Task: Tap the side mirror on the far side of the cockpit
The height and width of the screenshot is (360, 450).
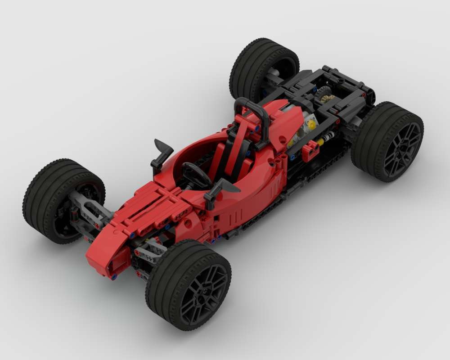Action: tap(162, 149)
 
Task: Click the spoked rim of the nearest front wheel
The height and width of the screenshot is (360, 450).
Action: tap(202, 288)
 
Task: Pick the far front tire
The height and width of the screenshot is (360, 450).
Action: tap(49, 198)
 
